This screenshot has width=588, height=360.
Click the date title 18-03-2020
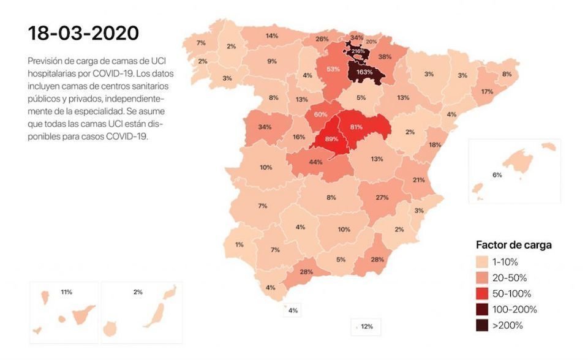83,33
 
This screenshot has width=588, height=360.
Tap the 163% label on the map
365,72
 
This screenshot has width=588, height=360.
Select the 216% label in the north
358,51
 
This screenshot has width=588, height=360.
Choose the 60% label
320,114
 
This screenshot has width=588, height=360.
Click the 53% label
333,69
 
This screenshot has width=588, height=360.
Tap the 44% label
316,162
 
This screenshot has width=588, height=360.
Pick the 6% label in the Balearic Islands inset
497,174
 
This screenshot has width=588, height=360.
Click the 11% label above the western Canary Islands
67,291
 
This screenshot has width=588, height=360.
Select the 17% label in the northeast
487,92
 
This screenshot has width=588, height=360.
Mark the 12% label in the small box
367,326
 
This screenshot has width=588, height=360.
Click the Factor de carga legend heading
514,245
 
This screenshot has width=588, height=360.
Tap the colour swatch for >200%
482,326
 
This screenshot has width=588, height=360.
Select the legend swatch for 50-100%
482,294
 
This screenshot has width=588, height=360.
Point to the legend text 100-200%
514,310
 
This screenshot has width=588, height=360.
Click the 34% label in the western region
265,127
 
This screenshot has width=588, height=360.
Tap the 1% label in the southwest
239,244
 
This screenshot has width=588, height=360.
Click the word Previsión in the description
45,62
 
